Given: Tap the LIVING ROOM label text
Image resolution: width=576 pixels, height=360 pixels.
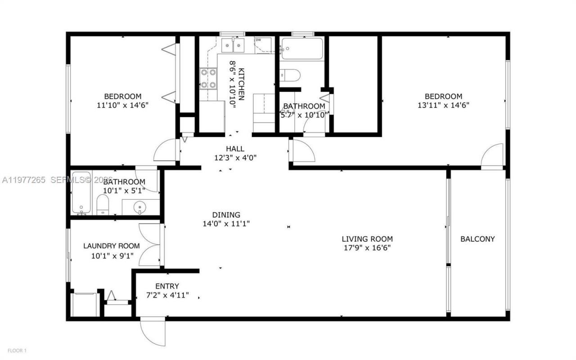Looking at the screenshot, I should pyautogui.click(x=367, y=239).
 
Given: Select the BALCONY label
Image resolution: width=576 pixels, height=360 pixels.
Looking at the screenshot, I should pyautogui.click(x=477, y=239).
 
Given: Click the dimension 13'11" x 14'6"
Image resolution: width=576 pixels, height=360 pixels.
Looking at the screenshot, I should pyautogui.click(x=443, y=105).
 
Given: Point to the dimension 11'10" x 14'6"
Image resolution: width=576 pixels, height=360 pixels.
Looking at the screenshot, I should pyautogui.click(x=122, y=105).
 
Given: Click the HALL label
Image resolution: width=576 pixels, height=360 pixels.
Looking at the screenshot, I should pyautogui.click(x=235, y=149).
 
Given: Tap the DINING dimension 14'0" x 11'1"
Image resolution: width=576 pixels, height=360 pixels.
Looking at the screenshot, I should pyautogui.click(x=227, y=224).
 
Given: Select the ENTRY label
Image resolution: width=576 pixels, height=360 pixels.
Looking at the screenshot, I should pyautogui.click(x=167, y=286).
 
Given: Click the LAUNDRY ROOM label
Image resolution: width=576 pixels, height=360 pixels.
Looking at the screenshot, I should pyautogui.click(x=111, y=246).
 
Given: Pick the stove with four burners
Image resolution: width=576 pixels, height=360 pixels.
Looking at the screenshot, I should pyautogui.click(x=208, y=78).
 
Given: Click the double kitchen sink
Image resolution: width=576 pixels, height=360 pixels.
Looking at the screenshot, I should pyautogui.click(x=233, y=45).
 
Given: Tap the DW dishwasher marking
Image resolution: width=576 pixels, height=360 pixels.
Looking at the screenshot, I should pyautogui.click(x=258, y=40).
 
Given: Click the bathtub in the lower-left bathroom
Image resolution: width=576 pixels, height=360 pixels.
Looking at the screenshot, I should pyautogui.click(x=81, y=192).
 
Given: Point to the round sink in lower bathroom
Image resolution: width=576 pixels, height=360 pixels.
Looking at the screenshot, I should pyautogui.click(x=140, y=208).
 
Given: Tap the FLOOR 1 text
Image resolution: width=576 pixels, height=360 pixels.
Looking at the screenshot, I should pyautogui.click(x=17, y=350).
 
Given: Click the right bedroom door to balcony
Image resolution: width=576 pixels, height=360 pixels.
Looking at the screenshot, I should pyautogui.click(x=492, y=157).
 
